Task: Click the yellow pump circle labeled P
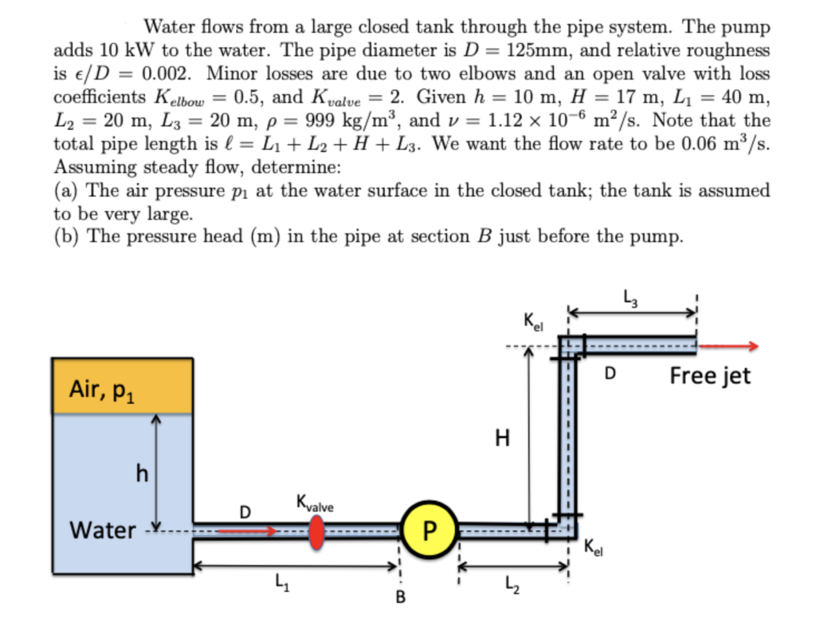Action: click(x=430, y=530)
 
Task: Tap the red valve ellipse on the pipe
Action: click(x=316, y=531)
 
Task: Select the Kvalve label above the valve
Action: click(x=315, y=506)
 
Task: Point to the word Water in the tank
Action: click(x=103, y=530)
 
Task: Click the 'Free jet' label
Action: click(x=710, y=375)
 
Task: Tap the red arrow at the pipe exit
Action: click(x=729, y=346)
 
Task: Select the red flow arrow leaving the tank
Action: click(x=249, y=530)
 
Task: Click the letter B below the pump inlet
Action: click(x=401, y=598)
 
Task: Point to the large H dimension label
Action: click(x=501, y=439)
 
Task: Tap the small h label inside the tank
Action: click(x=143, y=474)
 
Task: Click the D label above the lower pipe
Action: click(x=245, y=510)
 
